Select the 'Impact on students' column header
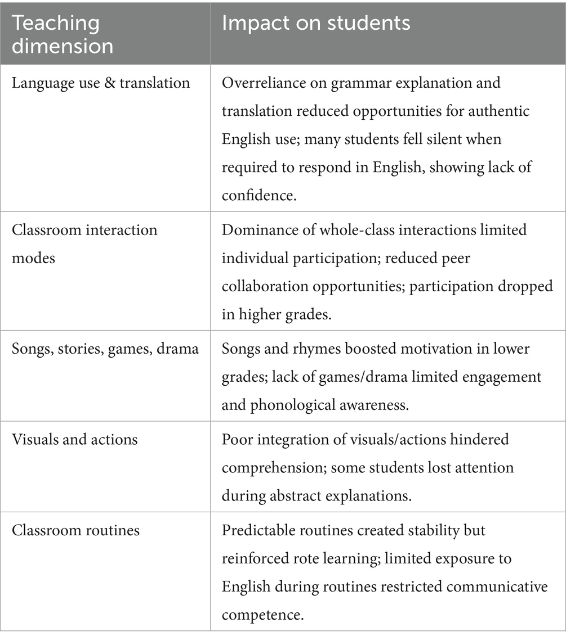click(316, 23)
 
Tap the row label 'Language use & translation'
click(101, 83)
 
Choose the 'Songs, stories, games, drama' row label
click(105, 349)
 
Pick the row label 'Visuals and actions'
click(74, 439)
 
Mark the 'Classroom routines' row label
click(75, 530)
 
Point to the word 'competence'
click(264, 614)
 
